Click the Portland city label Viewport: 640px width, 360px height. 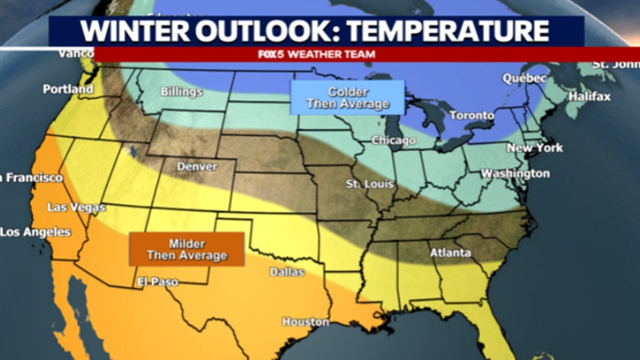click(68, 89)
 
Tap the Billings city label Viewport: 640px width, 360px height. click(181, 91)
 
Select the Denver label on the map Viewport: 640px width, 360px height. click(197, 166)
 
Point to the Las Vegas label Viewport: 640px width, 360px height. click(76, 207)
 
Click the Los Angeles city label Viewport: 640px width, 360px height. click(35, 232)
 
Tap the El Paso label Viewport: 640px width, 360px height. click(157, 282)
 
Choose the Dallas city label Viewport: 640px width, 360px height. click(286, 272)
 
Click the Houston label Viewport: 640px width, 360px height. click(306, 322)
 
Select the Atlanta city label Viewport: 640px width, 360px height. click(450, 253)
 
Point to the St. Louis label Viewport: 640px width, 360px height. click(369, 184)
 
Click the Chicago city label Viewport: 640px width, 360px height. click(393, 140)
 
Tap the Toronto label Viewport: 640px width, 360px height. click(472, 115)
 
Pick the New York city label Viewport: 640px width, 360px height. click(535, 148)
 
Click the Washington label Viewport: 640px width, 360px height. click(515, 173)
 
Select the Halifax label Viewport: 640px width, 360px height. click(589, 96)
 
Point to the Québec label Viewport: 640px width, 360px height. click(525, 78)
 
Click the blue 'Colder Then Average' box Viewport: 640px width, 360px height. click(347, 98)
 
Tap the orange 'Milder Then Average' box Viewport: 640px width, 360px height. click(187, 249)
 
